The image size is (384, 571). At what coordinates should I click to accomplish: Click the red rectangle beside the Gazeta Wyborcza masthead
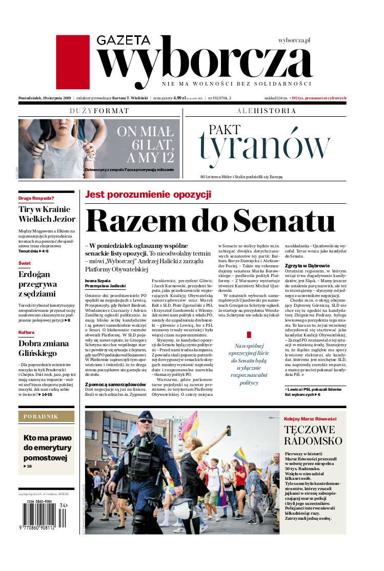[72, 62]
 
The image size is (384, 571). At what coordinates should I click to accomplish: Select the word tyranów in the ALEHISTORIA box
[265, 147]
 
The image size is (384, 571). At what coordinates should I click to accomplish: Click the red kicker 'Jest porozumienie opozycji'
[148, 195]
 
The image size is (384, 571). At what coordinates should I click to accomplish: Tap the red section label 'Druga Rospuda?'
[36, 198]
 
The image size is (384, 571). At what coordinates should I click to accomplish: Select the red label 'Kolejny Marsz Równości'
[311, 418]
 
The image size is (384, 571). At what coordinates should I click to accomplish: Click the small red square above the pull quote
[249, 334]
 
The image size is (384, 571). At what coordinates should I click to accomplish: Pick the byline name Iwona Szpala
[95, 266]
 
